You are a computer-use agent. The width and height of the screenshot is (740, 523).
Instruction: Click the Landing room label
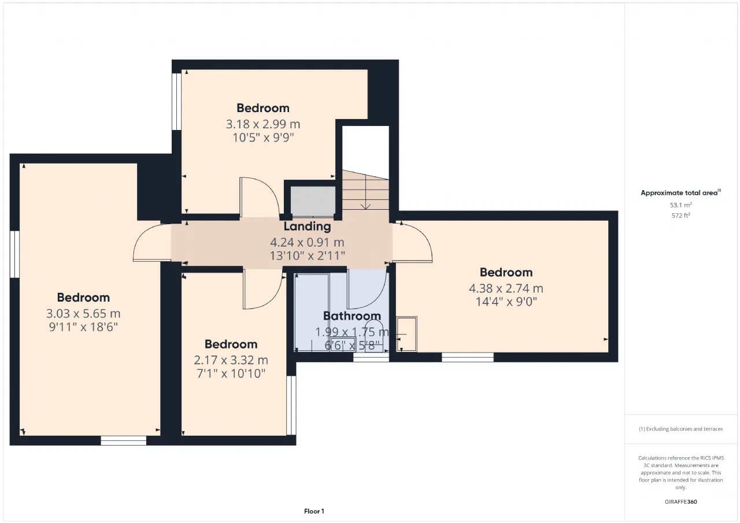[307, 227]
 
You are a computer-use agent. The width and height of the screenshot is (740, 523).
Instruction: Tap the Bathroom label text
[352, 316]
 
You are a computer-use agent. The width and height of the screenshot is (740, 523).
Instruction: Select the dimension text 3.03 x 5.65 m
[83, 313]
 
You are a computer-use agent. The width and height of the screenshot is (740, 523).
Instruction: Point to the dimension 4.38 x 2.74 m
[506, 288]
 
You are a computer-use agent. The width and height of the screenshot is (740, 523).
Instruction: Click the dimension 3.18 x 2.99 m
[263, 124]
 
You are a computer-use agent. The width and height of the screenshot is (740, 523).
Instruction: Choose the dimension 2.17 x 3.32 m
[231, 360]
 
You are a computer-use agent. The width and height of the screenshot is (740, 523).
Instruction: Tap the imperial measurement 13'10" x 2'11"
[307, 255]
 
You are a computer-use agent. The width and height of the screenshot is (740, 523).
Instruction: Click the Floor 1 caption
[314, 511]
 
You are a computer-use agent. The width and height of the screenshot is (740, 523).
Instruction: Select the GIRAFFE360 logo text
[681, 502]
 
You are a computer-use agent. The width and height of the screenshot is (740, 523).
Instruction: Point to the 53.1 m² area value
[681, 205]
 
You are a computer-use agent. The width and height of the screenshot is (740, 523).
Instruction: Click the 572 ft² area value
[681, 216]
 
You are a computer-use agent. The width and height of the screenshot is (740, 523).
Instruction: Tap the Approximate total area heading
[681, 193]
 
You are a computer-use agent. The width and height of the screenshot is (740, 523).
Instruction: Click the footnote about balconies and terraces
[681, 429]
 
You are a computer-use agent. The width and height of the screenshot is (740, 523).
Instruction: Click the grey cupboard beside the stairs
[313, 202]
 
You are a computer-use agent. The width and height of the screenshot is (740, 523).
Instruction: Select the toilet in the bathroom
[374, 335]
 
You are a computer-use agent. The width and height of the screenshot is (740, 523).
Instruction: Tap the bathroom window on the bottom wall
[371, 358]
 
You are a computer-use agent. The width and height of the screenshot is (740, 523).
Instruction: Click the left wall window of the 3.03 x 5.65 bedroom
[14, 254]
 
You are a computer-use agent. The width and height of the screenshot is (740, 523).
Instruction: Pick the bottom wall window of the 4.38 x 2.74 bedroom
[468, 357]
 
